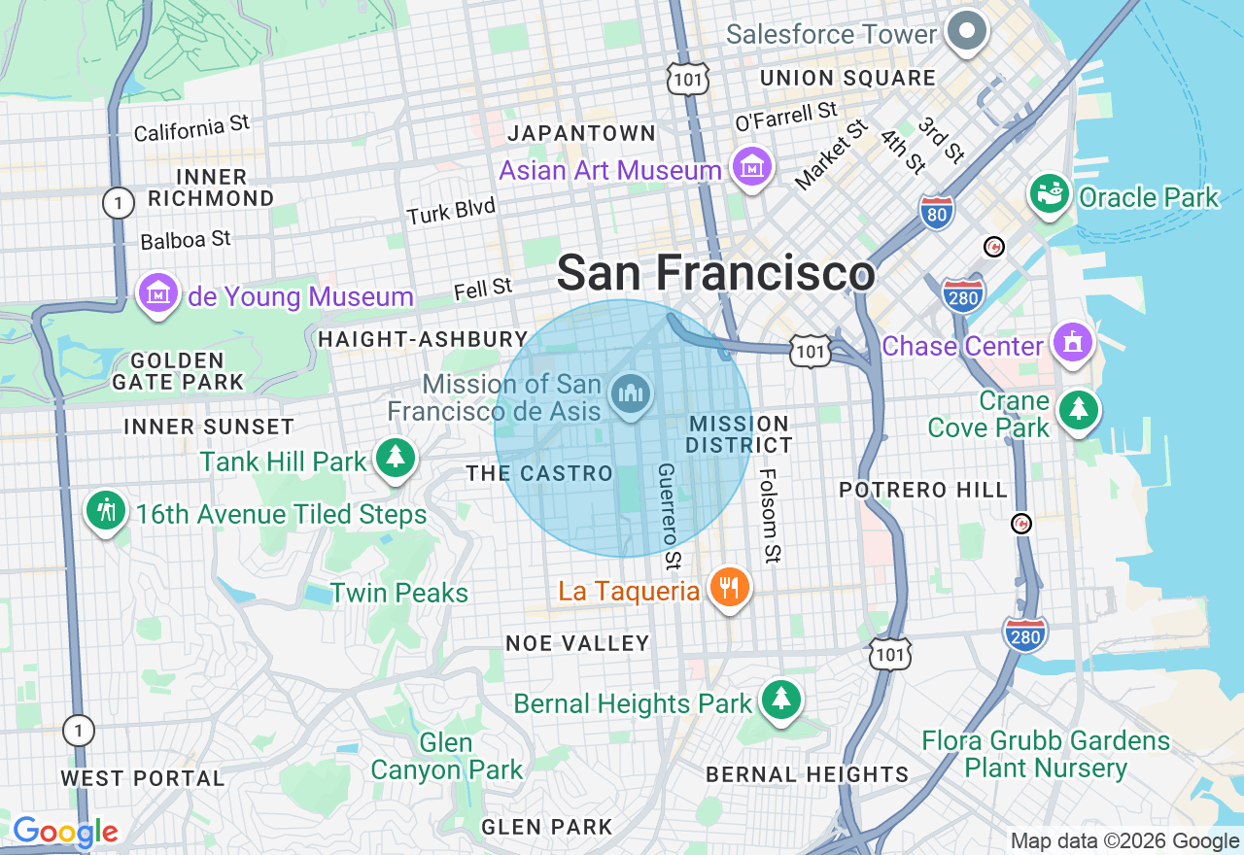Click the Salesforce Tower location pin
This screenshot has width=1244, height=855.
click(x=966, y=31)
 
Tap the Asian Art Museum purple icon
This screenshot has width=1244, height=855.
click(x=752, y=169)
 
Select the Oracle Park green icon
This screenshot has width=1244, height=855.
click(x=1050, y=195)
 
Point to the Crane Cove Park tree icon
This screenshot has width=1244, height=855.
click(x=1077, y=410)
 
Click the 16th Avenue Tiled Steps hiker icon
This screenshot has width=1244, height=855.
click(x=105, y=510)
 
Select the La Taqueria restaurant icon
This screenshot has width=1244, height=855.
click(x=728, y=588)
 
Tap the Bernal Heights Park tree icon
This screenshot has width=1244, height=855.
click(x=779, y=701)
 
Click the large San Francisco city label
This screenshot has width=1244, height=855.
click(x=715, y=273)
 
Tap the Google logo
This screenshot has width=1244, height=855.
click(x=65, y=832)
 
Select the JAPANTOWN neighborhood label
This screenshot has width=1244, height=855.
click(x=581, y=133)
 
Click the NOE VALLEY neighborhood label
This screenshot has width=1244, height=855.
click(x=577, y=643)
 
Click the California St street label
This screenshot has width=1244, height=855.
click(x=191, y=128)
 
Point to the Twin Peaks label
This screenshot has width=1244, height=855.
click(x=398, y=593)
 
